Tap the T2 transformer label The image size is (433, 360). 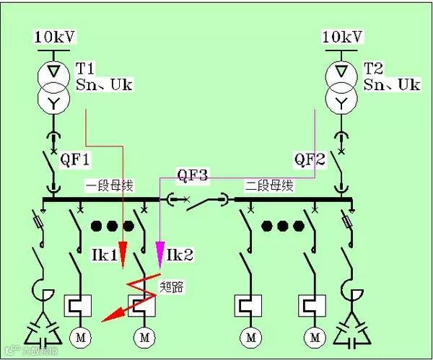pyautogui.click(x=373, y=69)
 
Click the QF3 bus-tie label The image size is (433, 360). pyautogui.click(x=193, y=175)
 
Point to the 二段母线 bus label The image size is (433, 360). pyautogui.click(x=270, y=185)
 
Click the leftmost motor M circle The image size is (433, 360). pyautogui.click(x=76, y=335)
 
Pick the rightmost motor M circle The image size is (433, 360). pyautogui.click(x=315, y=335)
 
